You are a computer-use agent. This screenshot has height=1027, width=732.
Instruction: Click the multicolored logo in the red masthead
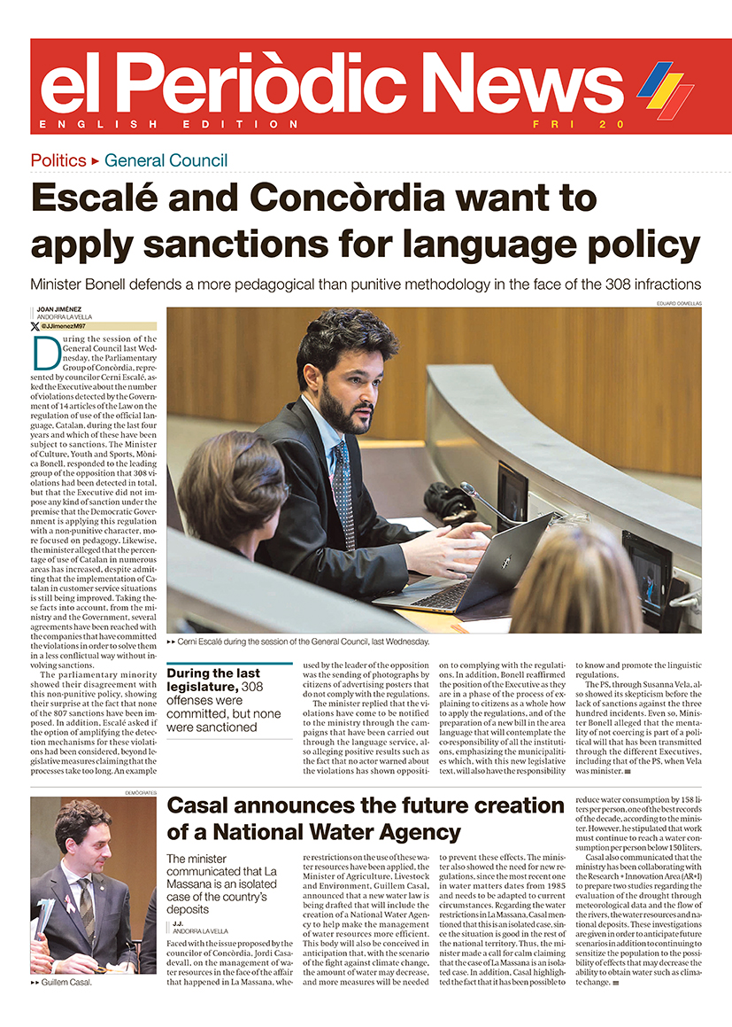(x=666, y=89)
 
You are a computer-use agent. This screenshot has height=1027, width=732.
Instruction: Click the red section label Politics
(x=58, y=160)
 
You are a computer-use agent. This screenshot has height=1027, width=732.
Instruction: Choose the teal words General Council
(x=166, y=160)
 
